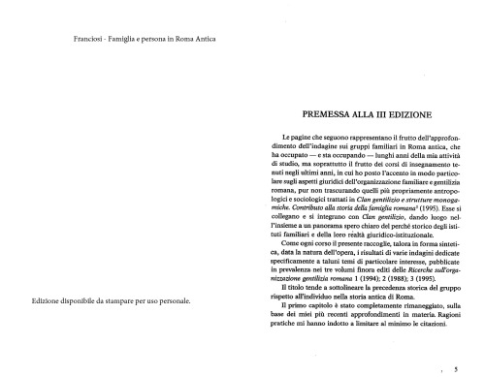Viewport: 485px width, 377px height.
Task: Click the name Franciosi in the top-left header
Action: point(88,40)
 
